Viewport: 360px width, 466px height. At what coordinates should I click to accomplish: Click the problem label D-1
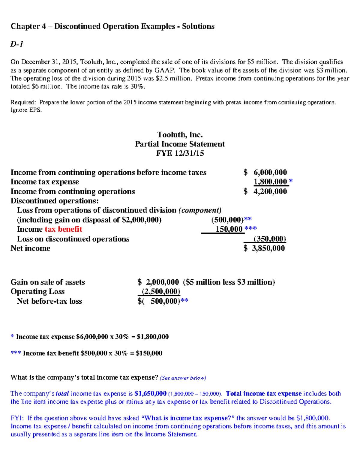click(x=17, y=44)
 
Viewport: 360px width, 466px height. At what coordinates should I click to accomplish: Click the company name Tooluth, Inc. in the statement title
click(x=180, y=135)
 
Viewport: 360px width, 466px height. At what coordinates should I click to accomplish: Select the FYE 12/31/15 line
click(x=180, y=153)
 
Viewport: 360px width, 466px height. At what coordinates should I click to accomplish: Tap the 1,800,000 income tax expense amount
click(x=270, y=182)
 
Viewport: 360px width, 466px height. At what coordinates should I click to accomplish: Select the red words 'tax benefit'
click(x=63, y=229)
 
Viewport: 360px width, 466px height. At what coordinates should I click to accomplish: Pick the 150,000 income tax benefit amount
click(x=229, y=229)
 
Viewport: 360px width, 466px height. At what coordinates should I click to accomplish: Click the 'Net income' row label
click(x=30, y=248)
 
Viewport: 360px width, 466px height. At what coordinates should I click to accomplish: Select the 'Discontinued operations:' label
click(x=55, y=201)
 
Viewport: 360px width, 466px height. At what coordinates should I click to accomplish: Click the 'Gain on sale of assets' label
click(x=48, y=282)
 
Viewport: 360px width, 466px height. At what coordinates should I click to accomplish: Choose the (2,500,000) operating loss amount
click(x=161, y=292)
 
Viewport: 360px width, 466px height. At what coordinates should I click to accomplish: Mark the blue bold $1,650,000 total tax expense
click(x=150, y=393)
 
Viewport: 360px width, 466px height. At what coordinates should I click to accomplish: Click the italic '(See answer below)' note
click(x=183, y=378)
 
